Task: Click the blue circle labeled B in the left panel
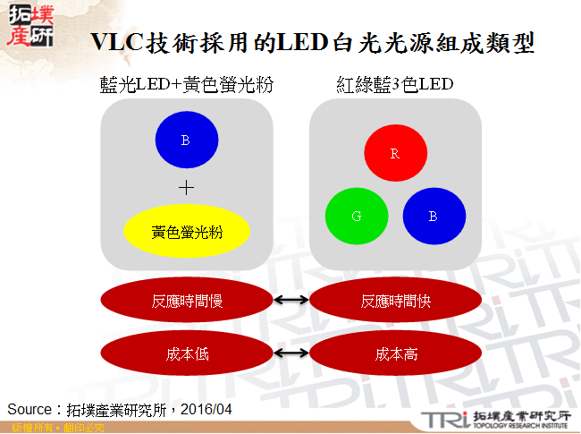pyautogui.click(x=186, y=140)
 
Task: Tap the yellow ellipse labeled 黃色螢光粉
pyautogui.click(x=187, y=232)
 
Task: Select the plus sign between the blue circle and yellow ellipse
pyautogui.click(x=186, y=188)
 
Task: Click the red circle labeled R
pyautogui.click(x=394, y=154)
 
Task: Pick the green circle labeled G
pyautogui.click(x=356, y=217)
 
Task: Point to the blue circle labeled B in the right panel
pyautogui.click(x=434, y=217)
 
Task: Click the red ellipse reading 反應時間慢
pyautogui.click(x=186, y=302)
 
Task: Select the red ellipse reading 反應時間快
pyautogui.click(x=396, y=302)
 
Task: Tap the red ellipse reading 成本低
pyautogui.click(x=186, y=353)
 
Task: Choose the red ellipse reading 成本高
pyautogui.click(x=396, y=353)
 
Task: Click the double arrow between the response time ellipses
pyautogui.click(x=290, y=302)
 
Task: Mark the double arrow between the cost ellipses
pyautogui.click(x=290, y=353)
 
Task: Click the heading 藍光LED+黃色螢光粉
pyautogui.click(x=187, y=85)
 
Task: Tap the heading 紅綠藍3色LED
pyautogui.click(x=395, y=85)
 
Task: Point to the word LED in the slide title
pyautogui.click(x=301, y=42)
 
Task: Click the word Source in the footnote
pyautogui.click(x=29, y=409)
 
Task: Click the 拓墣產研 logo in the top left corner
pyautogui.click(x=29, y=27)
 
